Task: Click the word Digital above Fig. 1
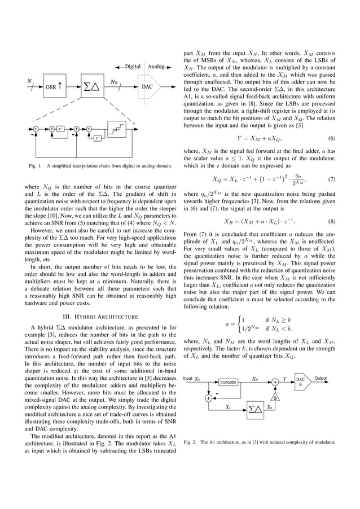coord(133,67)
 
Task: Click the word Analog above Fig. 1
coord(157,67)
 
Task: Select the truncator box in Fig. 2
coord(227,383)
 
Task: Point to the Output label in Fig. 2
coord(321,378)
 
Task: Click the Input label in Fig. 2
coord(188,379)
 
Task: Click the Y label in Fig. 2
coord(284,379)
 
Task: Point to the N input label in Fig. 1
coord(29,81)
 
